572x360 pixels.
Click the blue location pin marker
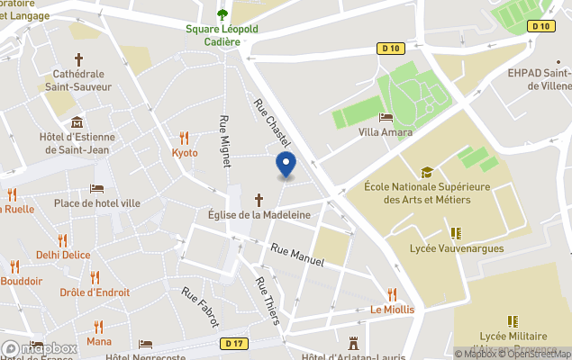286,164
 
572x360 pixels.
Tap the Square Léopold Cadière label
222,35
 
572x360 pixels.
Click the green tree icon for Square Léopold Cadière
222,13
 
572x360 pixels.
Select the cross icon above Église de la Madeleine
259,199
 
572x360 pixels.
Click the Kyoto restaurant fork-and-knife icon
185,138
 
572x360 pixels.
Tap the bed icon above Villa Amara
386,117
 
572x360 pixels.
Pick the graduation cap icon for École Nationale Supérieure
427,172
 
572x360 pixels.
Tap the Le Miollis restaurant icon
392,294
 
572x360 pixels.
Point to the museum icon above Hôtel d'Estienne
77,122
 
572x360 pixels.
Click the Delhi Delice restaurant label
63,255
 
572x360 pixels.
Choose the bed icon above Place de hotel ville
96,189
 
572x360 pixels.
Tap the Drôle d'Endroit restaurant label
95,292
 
